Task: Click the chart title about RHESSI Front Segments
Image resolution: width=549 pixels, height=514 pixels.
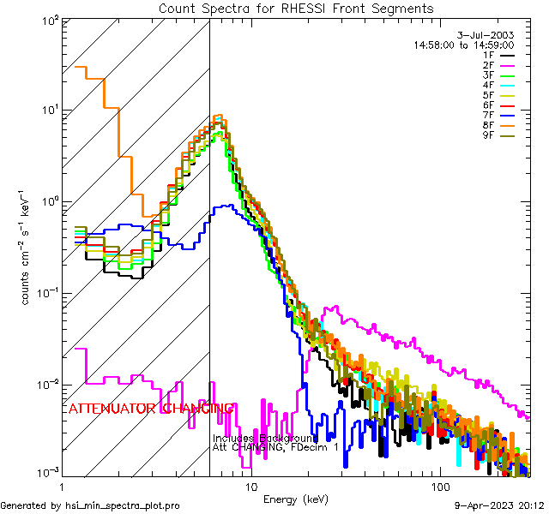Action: pos(296,8)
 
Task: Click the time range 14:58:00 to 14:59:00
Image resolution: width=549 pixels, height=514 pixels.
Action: pos(475,45)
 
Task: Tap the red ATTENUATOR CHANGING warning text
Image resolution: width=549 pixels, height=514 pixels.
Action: pos(151,409)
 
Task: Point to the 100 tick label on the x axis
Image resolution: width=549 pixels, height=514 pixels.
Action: pos(439,486)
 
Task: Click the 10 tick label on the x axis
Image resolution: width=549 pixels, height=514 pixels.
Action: pos(251,486)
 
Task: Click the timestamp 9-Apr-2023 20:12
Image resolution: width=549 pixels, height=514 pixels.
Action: pos(501,505)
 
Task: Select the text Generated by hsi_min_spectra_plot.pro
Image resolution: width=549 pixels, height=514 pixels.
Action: pos(90,505)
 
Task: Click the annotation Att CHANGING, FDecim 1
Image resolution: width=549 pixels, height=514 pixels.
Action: pos(275,448)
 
